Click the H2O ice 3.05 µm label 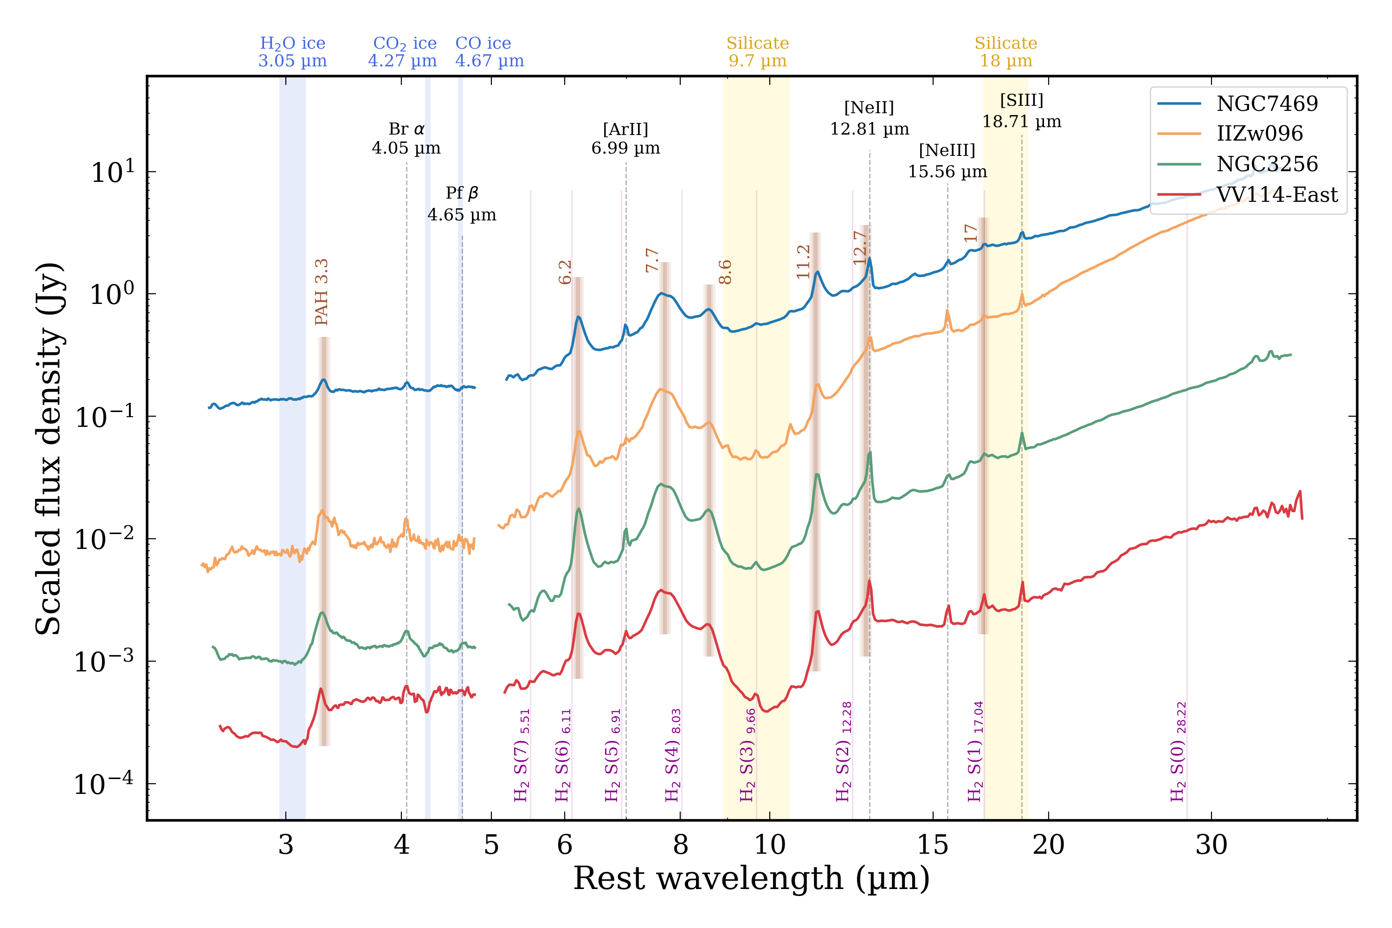click(292, 52)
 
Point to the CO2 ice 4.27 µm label click(403, 52)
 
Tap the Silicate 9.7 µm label click(758, 52)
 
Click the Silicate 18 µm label click(1005, 52)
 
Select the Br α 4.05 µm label click(406, 138)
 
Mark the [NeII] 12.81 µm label click(869, 118)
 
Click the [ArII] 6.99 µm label click(625, 138)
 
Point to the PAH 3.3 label click(322, 292)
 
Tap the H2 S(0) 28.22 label click(1178, 752)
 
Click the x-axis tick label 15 click(933, 845)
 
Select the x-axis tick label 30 click(1211, 845)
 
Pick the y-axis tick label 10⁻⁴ click(104, 784)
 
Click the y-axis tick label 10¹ click(112, 173)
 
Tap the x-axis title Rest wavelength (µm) click(751, 878)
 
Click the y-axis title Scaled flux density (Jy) click(49, 449)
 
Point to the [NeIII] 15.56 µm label click(947, 161)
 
